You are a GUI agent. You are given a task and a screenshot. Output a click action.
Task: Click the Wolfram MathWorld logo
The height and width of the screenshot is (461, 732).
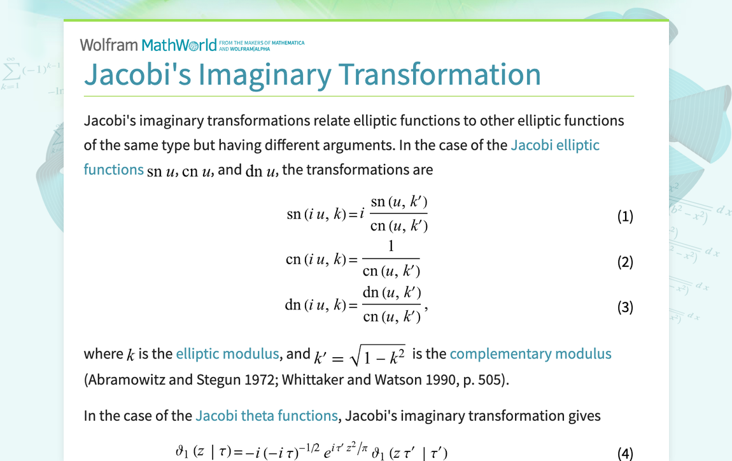click(148, 45)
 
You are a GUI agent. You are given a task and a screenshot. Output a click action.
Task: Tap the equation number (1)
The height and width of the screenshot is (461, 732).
click(625, 216)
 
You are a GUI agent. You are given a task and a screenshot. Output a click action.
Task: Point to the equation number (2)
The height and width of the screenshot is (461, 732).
click(625, 262)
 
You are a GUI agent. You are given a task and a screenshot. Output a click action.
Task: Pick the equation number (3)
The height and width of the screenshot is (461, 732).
click(625, 308)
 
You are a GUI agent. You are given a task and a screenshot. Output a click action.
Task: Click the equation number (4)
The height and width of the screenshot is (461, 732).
click(625, 453)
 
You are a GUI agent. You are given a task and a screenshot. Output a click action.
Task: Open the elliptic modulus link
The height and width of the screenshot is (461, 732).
click(227, 354)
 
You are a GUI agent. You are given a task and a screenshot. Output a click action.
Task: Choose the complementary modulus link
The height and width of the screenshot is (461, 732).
click(530, 354)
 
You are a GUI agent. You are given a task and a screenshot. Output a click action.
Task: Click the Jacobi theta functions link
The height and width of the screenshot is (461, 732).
click(266, 416)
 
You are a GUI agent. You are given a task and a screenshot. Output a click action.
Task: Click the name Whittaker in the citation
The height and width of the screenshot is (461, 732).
click(313, 380)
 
